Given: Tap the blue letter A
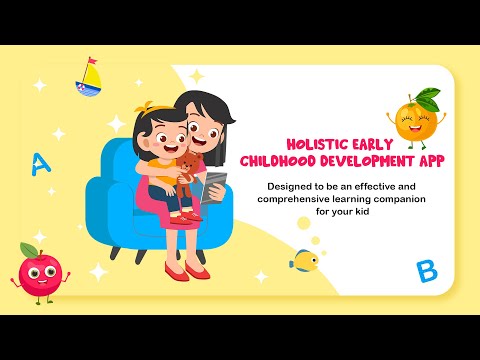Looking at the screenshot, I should tap(40, 164).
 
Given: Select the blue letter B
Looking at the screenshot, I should tap(427, 270).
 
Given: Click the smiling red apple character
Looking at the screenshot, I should tap(40, 275).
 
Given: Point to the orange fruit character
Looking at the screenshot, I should tap(416, 119).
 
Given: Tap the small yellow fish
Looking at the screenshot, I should tap(304, 261).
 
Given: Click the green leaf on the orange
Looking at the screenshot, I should tap(428, 97).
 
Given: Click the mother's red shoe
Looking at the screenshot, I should tap(177, 272).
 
